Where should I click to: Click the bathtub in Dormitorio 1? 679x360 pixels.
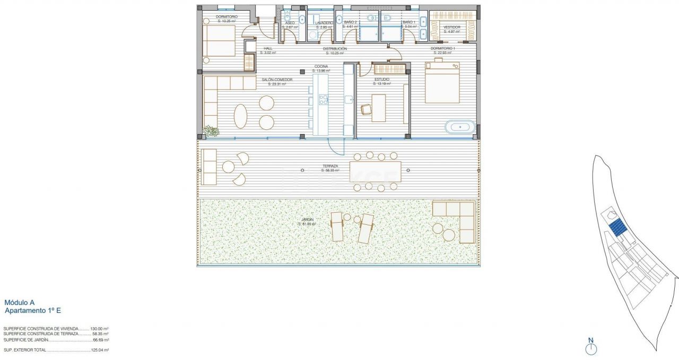tap(460, 127)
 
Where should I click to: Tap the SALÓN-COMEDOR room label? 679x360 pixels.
tap(277, 80)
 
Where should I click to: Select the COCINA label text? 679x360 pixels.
tap(321, 67)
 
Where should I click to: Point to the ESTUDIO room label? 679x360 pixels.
tap(382, 80)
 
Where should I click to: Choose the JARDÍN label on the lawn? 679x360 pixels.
tap(307, 219)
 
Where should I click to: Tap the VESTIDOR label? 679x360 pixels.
tap(451, 27)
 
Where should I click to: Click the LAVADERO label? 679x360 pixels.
tap(323, 23)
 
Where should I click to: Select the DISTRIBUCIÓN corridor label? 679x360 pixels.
tap(335, 49)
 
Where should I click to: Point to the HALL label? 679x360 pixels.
tap(268, 49)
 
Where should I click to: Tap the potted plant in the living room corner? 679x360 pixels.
tap(211, 131)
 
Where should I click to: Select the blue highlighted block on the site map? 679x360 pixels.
tap(616, 229)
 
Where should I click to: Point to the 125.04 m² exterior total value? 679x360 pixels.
tap(99, 350)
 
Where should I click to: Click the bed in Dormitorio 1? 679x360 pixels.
tap(442, 83)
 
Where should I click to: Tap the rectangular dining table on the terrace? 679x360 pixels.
tap(375, 171)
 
